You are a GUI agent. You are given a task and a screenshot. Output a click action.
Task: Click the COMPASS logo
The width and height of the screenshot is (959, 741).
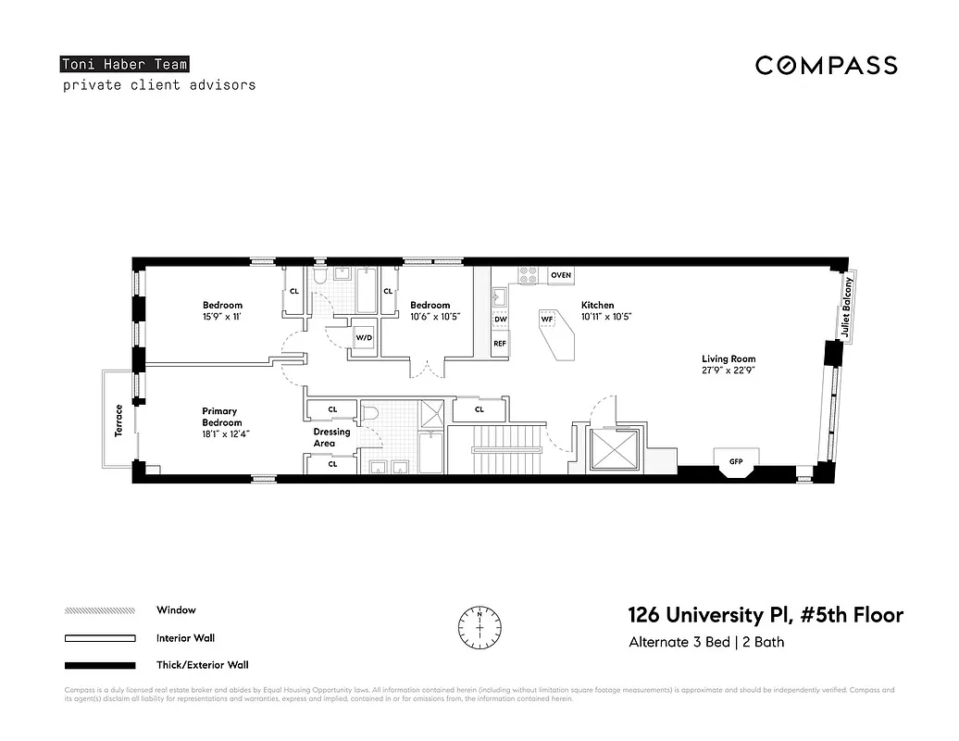tap(826, 65)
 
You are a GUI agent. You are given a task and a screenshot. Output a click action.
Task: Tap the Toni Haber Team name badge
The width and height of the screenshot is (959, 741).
tap(124, 65)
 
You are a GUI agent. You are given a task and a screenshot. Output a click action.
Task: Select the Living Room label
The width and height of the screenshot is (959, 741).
tap(728, 359)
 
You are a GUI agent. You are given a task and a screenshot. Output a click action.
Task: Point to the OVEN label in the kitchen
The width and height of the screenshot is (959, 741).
tap(561, 276)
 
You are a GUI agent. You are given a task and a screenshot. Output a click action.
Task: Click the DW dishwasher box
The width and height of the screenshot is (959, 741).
tap(500, 320)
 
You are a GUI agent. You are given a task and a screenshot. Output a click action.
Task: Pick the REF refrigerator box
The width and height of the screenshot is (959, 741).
tap(500, 344)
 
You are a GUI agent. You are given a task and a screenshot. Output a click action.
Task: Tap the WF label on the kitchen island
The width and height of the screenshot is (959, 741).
tap(547, 319)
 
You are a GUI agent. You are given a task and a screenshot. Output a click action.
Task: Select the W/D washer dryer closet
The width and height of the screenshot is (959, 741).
tap(364, 338)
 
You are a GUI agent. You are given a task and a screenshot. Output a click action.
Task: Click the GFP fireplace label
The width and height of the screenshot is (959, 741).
tap(736, 460)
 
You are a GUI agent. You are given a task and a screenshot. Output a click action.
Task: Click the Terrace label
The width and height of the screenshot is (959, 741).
tap(118, 421)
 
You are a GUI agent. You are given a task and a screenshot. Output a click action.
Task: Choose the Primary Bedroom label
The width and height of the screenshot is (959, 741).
tap(221, 417)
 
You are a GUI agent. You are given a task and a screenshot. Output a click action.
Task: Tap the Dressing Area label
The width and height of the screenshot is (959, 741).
tap(331, 438)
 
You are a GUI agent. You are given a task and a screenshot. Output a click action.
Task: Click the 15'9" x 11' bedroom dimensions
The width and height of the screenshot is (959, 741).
tap(222, 317)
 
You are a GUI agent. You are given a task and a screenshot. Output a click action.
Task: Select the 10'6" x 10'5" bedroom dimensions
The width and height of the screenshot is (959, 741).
tap(435, 317)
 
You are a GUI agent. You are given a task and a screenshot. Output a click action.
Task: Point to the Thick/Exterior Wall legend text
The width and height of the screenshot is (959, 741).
tap(203, 665)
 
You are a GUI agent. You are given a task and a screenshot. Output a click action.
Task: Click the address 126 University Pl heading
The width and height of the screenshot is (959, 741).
tap(765, 615)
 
